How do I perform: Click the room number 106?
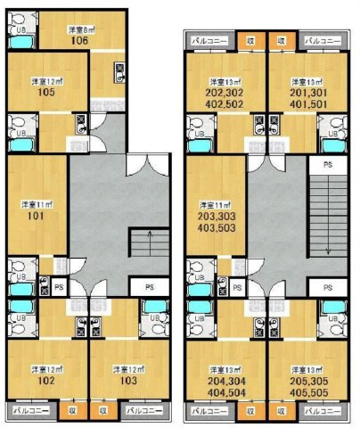[x=79, y=39]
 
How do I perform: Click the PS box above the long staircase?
[x=327, y=166]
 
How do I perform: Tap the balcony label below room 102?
[x=29, y=411]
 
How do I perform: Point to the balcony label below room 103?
[x=141, y=411]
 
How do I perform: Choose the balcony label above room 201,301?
[x=322, y=41]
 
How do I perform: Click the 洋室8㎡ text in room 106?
[x=79, y=29]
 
